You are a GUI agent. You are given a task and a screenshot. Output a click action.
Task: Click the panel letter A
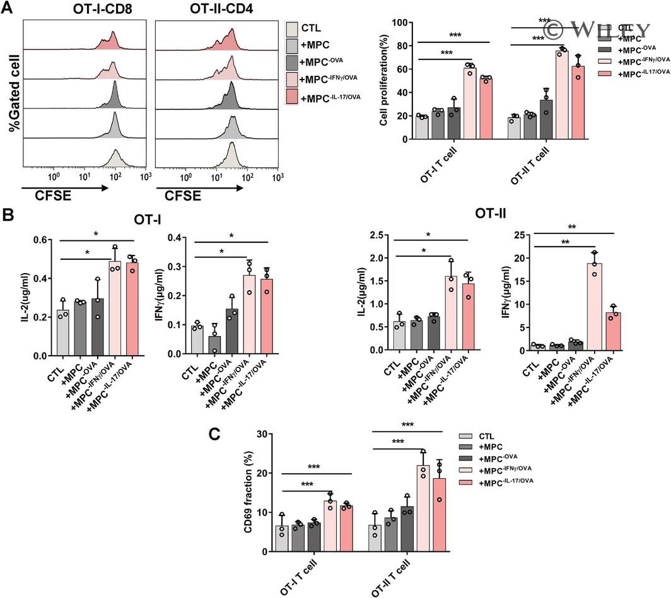tap(8, 7)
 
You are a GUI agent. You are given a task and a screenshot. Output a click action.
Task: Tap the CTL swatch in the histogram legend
tap(291, 28)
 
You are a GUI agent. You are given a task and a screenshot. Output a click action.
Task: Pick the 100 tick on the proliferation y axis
tap(399, 23)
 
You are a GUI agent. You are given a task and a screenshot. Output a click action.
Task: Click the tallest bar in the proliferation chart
tap(561, 94)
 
